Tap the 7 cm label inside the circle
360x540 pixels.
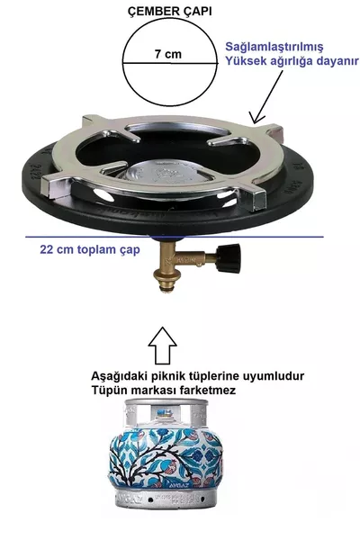167,55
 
